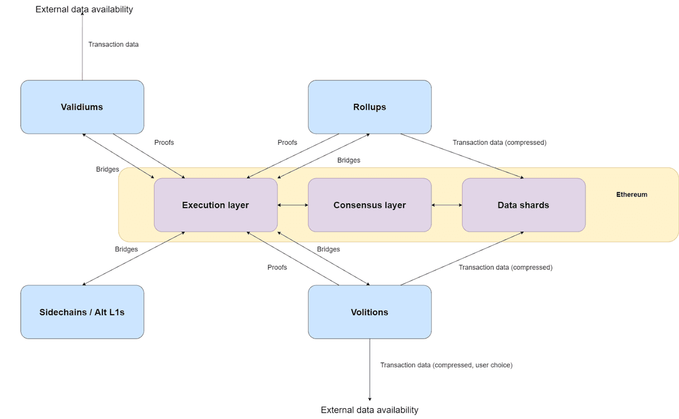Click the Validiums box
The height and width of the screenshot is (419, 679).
(x=82, y=107)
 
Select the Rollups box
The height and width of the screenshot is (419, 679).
(x=370, y=107)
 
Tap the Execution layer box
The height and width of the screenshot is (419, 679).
(x=216, y=205)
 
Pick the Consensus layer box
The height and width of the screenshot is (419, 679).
(x=370, y=205)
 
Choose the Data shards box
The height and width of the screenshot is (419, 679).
(x=524, y=205)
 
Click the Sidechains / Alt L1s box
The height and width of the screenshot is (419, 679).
(x=82, y=312)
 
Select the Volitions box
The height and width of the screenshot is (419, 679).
(x=370, y=312)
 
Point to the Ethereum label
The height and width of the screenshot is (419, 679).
(x=631, y=194)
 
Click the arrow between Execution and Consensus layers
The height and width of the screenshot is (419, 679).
(x=293, y=205)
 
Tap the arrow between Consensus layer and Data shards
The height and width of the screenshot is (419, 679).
(x=447, y=205)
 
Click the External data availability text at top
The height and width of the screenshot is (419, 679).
(x=84, y=9)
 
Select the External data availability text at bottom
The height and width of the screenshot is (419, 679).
(x=370, y=410)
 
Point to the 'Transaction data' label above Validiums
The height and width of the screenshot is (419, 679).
(x=113, y=45)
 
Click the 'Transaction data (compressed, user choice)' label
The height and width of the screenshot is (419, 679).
(x=446, y=365)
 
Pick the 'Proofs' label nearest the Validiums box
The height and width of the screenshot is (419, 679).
(x=164, y=142)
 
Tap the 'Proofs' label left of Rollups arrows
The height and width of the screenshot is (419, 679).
(x=287, y=142)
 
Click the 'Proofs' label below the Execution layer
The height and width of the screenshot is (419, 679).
(x=277, y=267)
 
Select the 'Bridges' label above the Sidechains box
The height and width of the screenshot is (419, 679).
(x=126, y=249)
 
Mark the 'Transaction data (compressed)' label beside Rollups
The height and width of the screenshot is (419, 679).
(x=499, y=142)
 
